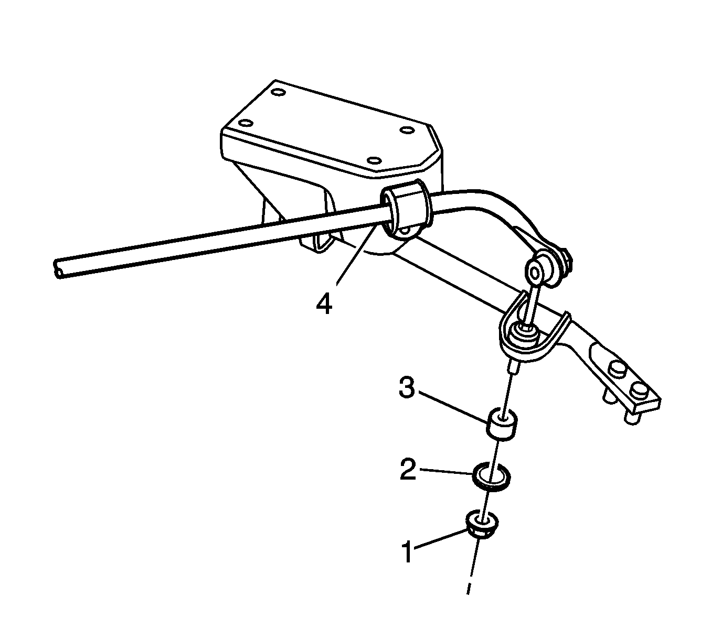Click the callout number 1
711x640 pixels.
(x=407, y=552)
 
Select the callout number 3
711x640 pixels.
(x=407, y=388)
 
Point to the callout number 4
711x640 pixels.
(x=324, y=305)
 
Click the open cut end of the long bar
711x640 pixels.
(x=59, y=268)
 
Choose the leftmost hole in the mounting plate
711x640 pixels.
(x=244, y=125)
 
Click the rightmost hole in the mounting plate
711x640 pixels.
(x=406, y=130)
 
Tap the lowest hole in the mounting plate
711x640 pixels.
(x=373, y=160)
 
